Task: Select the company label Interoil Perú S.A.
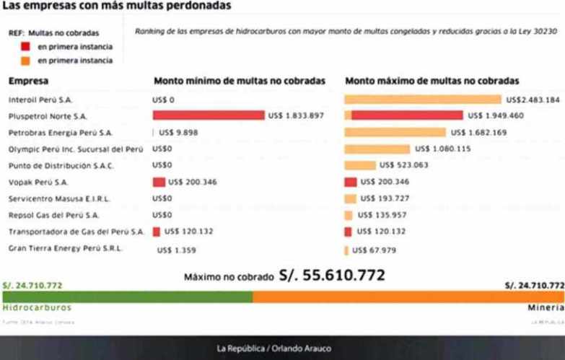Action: tap(40, 100)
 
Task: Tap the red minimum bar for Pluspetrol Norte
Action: tap(209, 115)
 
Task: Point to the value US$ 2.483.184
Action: tap(533, 100)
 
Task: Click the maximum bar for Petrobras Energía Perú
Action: tap(395, 132)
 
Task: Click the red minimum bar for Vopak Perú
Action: tap(159, 182)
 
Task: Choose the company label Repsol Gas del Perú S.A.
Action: tap(53, 215)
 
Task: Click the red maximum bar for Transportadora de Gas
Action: tap(349, 232)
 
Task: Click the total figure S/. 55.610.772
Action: tap(336, 276)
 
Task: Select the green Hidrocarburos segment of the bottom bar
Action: tap(126, 297)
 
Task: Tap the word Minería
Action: tap(546, 307)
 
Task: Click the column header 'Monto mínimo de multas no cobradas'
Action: tap(239, 82)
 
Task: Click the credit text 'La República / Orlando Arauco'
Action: tap(274, 348)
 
